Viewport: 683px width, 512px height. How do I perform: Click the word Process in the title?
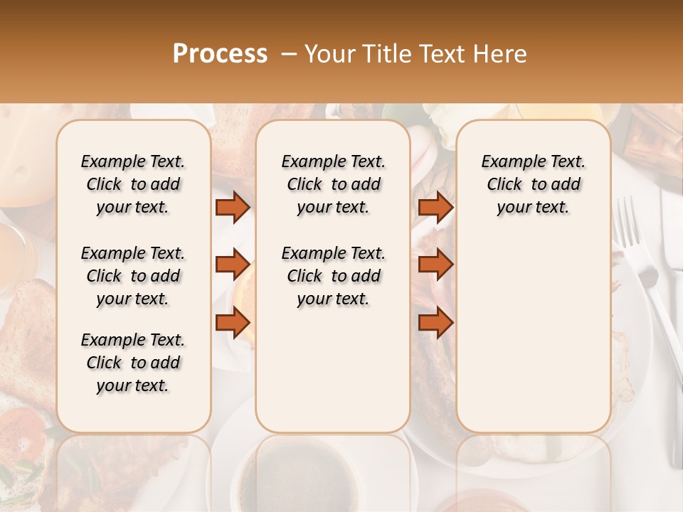[220, 54]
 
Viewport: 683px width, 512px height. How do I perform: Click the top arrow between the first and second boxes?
[233, 207]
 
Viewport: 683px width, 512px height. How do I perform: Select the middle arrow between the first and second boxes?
[233, 265]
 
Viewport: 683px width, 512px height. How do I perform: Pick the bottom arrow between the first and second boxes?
[233, 323]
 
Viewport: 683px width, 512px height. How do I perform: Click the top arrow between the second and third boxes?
[435, 207]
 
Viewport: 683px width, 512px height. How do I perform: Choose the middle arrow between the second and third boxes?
[435, 265]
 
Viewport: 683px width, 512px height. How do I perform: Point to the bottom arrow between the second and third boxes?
[435, 323]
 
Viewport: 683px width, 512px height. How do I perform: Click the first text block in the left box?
[133, 184]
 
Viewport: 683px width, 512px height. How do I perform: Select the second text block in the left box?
[133, 276]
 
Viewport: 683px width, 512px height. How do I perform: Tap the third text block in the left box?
[133, 363]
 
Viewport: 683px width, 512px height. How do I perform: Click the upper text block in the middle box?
[333, 184]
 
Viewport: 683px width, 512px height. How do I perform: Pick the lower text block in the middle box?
[333, 276]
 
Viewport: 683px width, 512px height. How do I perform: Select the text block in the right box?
[533, 184]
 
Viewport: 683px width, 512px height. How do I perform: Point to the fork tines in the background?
[626, 220]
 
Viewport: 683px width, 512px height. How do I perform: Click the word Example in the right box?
[507, 162]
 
